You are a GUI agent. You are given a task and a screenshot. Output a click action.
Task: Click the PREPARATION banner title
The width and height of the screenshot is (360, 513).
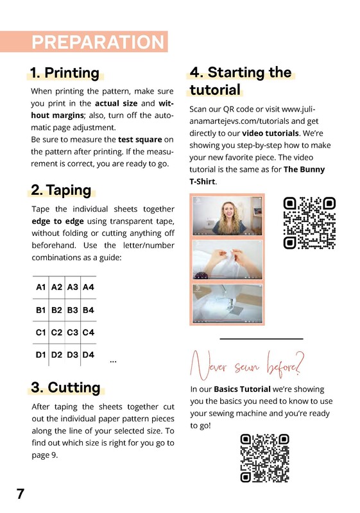(98, 42)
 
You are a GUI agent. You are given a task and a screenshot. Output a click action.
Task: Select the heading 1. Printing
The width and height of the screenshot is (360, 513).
(65, 73)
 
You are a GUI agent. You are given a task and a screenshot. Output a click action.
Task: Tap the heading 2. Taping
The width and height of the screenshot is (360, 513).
(61, 190)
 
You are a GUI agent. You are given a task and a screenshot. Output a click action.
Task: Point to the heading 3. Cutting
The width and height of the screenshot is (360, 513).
(66, 387)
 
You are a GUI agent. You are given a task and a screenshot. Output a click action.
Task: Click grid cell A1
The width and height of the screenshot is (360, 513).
(40, 287)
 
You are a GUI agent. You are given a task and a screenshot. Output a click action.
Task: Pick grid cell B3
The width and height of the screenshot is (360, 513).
(73, 310)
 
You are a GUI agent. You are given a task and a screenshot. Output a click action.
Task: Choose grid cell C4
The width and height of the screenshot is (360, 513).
(89, 332)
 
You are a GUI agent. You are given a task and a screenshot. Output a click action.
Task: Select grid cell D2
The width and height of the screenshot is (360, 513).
(56, 355)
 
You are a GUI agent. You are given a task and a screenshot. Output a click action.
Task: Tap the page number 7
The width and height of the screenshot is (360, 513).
(21, 494)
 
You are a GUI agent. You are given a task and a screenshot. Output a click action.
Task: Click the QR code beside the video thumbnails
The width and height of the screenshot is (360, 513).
(309, 223)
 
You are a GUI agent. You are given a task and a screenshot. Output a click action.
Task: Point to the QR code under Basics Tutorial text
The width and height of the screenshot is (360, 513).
(264, 458)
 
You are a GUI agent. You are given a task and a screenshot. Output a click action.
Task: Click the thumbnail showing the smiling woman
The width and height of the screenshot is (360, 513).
(227, 216)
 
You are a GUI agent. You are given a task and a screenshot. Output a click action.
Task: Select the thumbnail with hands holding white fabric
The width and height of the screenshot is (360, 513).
(227, 260)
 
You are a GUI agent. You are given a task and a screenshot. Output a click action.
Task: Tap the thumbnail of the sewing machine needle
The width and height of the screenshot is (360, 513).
(227, 303)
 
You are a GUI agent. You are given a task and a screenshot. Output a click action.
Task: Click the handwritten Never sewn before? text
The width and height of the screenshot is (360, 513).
(248, 365)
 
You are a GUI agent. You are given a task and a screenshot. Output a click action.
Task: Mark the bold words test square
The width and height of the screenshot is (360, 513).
(140, 139)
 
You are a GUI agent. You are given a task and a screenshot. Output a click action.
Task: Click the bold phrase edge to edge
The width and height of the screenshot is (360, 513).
(58, 221)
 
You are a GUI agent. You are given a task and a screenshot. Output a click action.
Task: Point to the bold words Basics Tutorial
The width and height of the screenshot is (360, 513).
(242, 389)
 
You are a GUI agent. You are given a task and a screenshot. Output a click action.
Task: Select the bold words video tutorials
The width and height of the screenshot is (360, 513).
(270, 133)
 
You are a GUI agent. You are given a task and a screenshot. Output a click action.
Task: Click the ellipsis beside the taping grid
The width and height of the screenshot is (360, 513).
(113, 362)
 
